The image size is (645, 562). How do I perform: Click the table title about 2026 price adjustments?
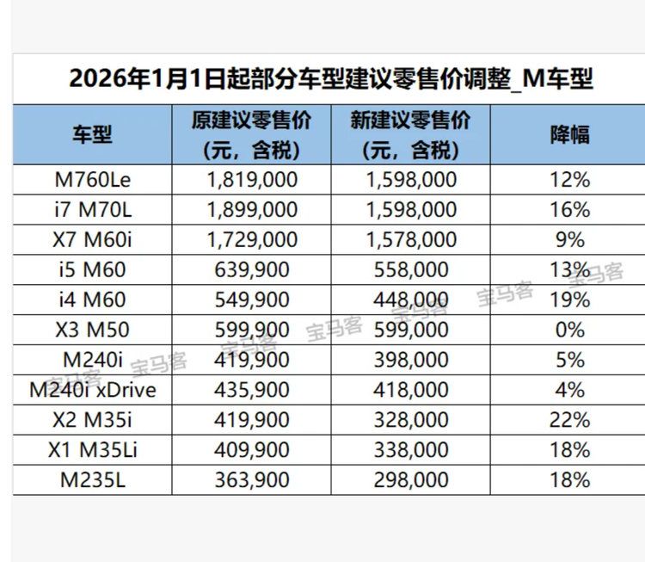(x=330, y=80)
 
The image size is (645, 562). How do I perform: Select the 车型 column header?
(x=91, y=133)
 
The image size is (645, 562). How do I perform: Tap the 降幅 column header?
(x=569, y=133)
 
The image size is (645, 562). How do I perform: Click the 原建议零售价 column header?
(x=251, y=133)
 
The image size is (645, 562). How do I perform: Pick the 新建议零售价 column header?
(x=410, y=133)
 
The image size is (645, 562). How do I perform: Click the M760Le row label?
(x=91, y=180)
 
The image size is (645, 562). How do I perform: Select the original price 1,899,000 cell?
(x=251, y=210)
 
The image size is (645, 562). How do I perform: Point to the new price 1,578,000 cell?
(x=410, y=240)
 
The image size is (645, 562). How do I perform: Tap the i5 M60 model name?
(x=91, y=270)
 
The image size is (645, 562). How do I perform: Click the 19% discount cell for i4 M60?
(x=569, y=300)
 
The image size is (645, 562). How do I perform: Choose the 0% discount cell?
(x=569, y=330)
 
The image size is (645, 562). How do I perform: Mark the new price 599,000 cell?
(x=410, y=330)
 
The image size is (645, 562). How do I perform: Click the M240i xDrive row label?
(x=91, y=390)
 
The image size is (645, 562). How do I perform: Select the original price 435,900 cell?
(x=251, y=390)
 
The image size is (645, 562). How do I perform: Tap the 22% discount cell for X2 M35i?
(x=569, y=420)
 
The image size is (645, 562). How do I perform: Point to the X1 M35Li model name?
(x=91, y=449)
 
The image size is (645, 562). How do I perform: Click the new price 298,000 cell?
(x=410, y=479)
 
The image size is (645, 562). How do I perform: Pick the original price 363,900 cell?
(x=251, y=479)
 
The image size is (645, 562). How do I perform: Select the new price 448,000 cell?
(x=410, y=300)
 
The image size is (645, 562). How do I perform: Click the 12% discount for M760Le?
(x=569, y=180)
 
